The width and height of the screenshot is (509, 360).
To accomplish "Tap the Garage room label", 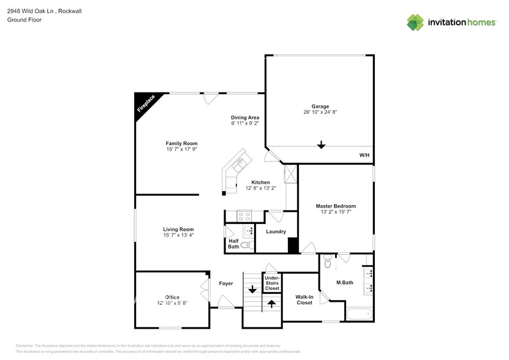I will click(320, 106).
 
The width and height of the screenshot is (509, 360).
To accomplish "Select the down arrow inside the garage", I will click(321, 145).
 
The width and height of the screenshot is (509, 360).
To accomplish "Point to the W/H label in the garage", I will click(364, 156).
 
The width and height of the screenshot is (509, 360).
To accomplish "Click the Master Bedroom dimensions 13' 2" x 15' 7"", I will click(336, 212).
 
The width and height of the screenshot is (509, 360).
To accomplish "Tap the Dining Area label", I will click(244, 118).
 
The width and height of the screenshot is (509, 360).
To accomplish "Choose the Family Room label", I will click(181, 143).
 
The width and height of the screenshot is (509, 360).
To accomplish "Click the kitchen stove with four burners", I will click(245, 216).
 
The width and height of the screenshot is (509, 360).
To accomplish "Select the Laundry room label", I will click(276, 231).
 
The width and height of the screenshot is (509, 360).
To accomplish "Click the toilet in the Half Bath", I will click(246, 245).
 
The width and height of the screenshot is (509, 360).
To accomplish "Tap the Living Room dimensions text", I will click(178, 235).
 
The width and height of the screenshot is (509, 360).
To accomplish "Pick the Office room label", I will click(172, 297).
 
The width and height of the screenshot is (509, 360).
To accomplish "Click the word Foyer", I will click(226, 283).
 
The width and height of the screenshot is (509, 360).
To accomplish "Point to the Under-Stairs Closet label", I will click(272, 283).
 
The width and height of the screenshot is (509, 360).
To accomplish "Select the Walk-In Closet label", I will click(304, 299).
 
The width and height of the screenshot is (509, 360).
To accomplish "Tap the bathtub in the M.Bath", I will click(360, 315).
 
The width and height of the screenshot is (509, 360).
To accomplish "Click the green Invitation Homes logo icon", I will click(415, 23).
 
